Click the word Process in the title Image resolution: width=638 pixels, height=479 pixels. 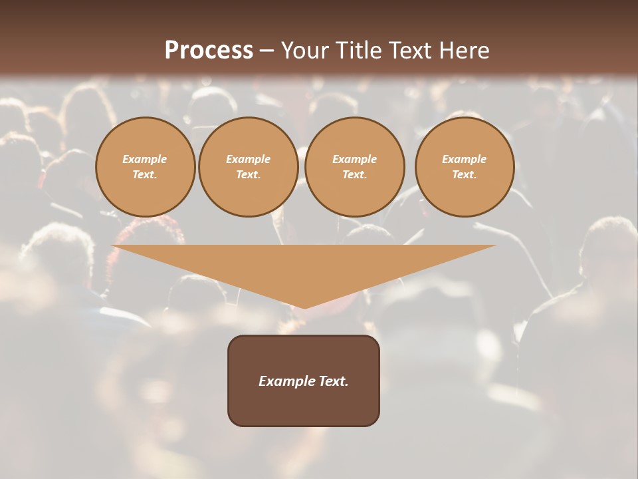click(x=209, y=51)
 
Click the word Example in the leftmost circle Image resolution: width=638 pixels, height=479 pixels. click(x=145, y=159)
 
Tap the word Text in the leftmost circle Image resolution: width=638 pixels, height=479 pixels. click(x=144, y=174)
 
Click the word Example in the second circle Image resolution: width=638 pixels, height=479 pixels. click(x=248, y=159)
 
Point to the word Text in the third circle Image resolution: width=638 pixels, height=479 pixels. click(x=354, y=174)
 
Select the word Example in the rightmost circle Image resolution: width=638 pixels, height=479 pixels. click(x=464, y=159)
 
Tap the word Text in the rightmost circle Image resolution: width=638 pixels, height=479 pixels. click(x=463, y=174)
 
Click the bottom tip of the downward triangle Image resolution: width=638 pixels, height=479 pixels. click(x=304, y=307)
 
